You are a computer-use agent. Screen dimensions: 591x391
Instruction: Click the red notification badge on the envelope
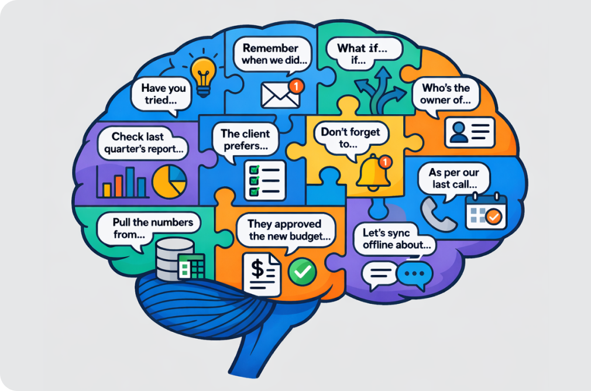[298, 86]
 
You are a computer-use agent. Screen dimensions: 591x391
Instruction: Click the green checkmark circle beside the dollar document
[303, 271]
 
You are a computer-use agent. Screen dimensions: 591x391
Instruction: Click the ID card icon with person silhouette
[470, 132]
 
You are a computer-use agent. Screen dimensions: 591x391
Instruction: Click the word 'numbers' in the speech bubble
[173, 222]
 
